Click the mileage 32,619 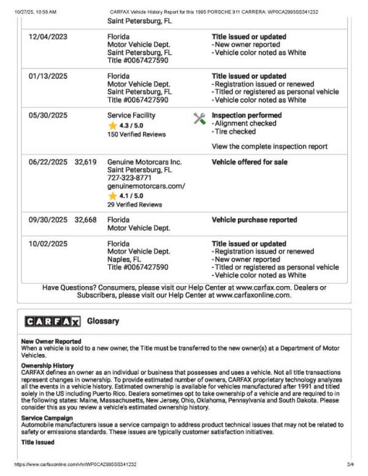click(85, 162)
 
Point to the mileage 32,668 click(85, 219)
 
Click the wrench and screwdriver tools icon click(199, 118)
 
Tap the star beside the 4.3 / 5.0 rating click(113, 126)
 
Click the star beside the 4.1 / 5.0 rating click(113, 196)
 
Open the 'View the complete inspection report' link click(269, 146)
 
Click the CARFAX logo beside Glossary click(52, 322)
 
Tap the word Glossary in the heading click(103, 321)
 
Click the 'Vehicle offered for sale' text click(250, 162)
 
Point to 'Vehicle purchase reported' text click(254, 219)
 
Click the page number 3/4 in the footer click(351, 465)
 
